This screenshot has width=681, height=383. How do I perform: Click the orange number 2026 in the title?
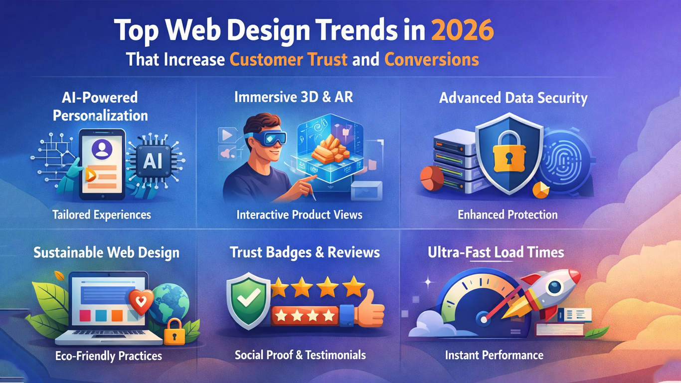(462, 30)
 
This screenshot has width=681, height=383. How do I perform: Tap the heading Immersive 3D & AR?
(294, 97)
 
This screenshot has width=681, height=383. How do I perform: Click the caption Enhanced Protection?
(508, 215)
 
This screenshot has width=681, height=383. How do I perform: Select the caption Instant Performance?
(494, 355)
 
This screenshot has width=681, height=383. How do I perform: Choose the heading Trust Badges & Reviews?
(305, 252)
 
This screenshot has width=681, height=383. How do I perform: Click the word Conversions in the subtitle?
(431, 59)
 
